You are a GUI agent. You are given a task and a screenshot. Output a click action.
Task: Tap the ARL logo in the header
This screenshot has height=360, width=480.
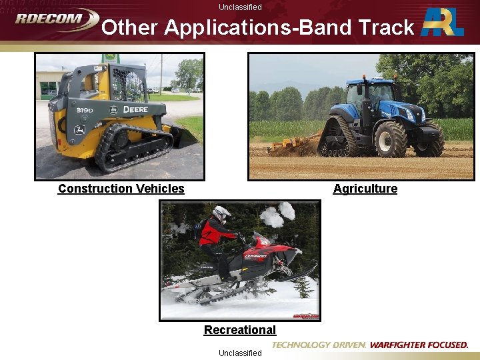tap(443, 23)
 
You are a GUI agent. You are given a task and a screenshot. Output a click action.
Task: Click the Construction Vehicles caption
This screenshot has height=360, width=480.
tap(121, 189)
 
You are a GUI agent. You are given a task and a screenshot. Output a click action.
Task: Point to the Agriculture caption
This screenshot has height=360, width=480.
tap(365, 189)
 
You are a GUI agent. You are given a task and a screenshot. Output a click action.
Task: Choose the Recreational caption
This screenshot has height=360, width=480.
tap(239, 330)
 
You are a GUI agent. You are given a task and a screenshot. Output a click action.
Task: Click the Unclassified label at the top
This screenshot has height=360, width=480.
tap(240, 7)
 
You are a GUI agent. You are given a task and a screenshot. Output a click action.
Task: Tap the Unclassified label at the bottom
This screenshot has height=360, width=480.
tap(240, 353)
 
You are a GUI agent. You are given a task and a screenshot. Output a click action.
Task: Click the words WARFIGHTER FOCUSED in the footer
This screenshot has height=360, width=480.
tap(419, 345)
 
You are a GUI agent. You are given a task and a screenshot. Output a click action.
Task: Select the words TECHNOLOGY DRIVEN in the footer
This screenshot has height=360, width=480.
tap(319, 345)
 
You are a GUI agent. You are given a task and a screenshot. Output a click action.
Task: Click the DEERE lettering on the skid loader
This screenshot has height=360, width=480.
tap(135, 109)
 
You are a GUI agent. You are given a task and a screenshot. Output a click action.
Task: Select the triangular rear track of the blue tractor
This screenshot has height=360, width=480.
tap(337, 137)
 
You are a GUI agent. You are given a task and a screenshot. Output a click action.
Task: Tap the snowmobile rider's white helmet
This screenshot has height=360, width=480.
tap(222, 213)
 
